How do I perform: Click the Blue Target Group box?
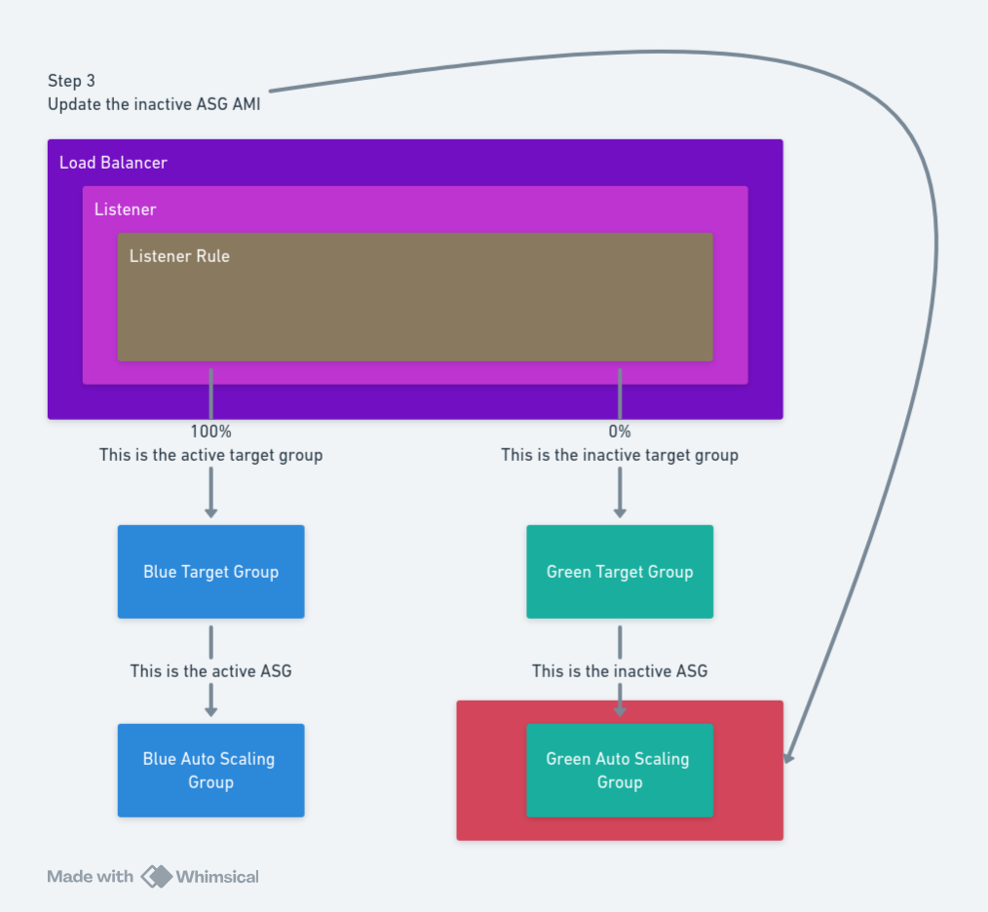[210, 572]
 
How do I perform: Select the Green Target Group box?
[620, 572]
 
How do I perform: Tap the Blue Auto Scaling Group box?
[210, 770]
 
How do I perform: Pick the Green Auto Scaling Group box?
[620, 770]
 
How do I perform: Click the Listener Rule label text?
[179, 256]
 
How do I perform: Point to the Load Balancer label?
[113, 163]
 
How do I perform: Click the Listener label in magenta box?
[125, 209]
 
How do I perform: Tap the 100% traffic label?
[210, 432]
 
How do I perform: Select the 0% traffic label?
[620, 432]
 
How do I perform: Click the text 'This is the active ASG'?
[210, 671]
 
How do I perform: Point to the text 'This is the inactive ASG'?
[620, 671]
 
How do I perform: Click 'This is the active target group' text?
[210, 455]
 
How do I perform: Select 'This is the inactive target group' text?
[620, 455]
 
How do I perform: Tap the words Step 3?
[71, 81]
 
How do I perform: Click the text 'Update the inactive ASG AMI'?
[154, 104]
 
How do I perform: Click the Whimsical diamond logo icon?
[156, 876]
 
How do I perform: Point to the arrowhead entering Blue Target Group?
[210, 513]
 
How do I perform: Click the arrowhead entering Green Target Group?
[620, 513]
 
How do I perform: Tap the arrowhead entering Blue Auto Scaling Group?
[210, 711]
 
